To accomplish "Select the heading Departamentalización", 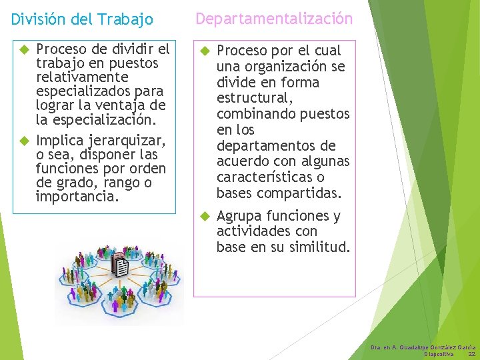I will tap(274, 19).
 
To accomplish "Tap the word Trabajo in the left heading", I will tap(127, 20).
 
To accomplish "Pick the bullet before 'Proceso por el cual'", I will tap(205, 51).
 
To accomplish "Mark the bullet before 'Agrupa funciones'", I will tap(205, 216).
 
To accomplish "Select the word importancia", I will tap(77, 197).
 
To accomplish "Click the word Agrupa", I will tap(239, 216).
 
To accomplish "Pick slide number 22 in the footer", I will tap(471, 354).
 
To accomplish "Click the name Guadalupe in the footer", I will tap(416, 347).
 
